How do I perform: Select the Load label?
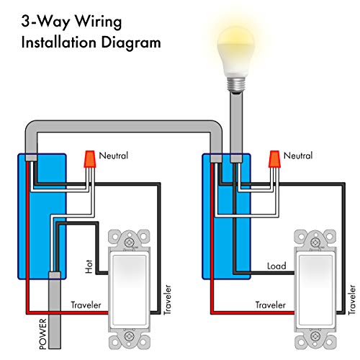click(x=276, y=266)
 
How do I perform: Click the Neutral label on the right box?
click(x=300, y=156)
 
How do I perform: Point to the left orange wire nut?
click(x=90, y=158)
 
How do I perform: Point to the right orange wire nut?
click(x=274, y=158)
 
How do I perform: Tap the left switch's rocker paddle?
click(x=131, y=289)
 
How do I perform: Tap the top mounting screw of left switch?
click(x=131, y=244)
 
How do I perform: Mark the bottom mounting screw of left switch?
click(x=131, y=335)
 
